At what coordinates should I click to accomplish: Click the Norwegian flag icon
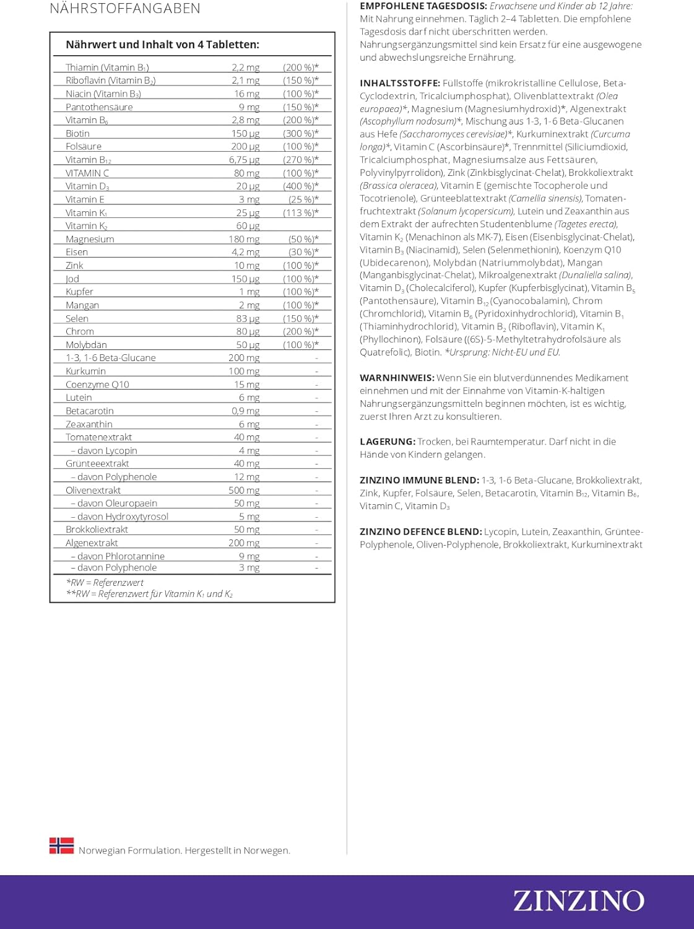(61, 846)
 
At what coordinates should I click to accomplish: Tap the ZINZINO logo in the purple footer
(578, 901)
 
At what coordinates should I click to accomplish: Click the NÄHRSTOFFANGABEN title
(125, 9)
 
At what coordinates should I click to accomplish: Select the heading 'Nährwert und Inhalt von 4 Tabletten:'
(162, 45)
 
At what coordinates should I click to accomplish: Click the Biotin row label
(77, 134)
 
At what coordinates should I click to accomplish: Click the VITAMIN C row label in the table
(87, 173)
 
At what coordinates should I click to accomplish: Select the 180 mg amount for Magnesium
(244, 239)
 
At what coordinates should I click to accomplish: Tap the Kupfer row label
(79, 292)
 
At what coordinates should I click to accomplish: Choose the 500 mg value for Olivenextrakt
(244, 490)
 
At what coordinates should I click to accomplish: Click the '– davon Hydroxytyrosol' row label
(119, 517)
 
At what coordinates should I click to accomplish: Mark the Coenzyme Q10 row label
(97, 385)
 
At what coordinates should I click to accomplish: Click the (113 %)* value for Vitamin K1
(301, 213)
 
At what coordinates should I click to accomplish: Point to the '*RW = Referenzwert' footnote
(105, 583)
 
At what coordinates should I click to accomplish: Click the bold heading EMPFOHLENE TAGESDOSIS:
(423, 6)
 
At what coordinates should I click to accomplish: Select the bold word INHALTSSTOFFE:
(400, 83)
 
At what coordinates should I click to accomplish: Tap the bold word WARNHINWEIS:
(397, 378)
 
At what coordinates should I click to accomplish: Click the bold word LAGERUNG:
(388, 442)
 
